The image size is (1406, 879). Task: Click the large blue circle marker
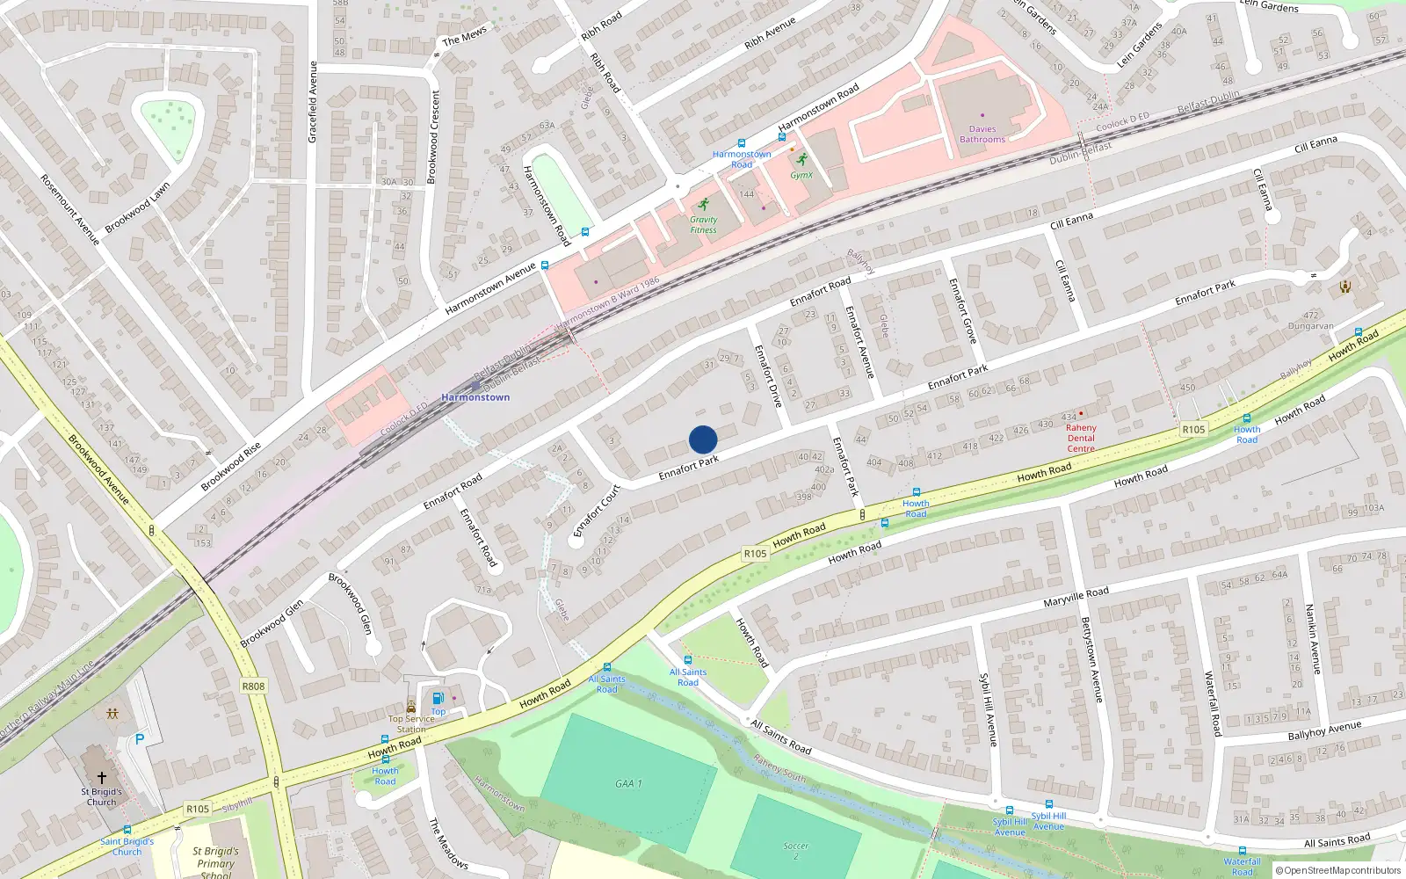[703, 439]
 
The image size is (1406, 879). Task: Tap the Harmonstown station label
[475, 397]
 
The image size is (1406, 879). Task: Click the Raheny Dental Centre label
[1081, 438]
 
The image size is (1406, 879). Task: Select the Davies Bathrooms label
[982, 134]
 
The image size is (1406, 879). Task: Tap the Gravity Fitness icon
[703, 205]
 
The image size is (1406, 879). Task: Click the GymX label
[801, 175]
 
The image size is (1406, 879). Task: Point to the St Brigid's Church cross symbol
[102, 778]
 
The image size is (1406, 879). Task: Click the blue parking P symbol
[139, 739]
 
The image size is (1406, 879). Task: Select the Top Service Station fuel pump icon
[438, 698]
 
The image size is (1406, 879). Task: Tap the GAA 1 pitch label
[628, 783]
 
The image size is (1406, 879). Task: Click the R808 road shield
[253, 686]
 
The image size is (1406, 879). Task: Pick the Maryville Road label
[1076, 598]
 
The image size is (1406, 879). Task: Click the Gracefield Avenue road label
[312, 102]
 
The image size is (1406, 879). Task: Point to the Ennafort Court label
[598, 511]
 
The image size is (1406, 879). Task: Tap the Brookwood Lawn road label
[137, 208]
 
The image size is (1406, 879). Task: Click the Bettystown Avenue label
[1091, 659]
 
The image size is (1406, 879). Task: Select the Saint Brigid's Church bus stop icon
[127, 830]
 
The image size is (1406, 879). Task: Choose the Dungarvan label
[1310, 326]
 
